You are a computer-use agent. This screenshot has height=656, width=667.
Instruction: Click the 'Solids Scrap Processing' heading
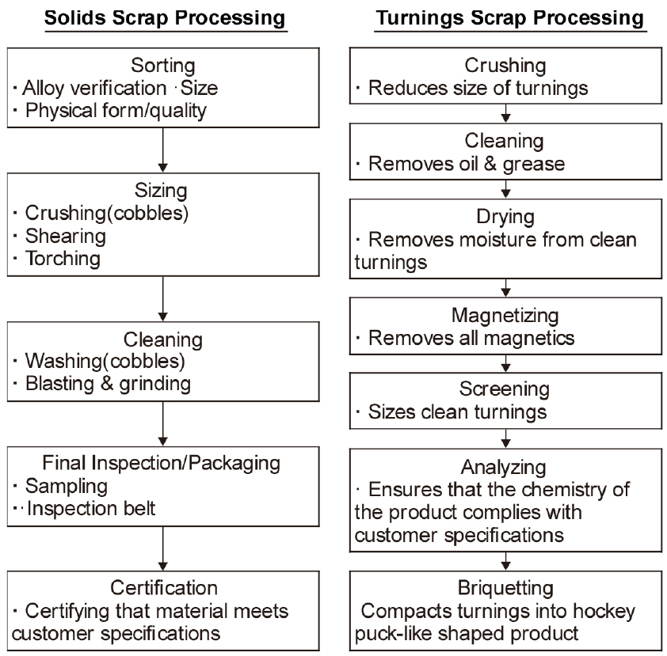(166, 18)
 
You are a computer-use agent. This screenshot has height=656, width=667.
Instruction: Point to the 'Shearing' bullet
(66, 235)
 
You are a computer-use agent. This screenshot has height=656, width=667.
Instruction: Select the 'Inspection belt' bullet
(91, 507)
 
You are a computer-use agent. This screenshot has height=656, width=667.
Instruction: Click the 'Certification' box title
(162, 588)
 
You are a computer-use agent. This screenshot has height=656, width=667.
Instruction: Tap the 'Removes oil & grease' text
(465, 164)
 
